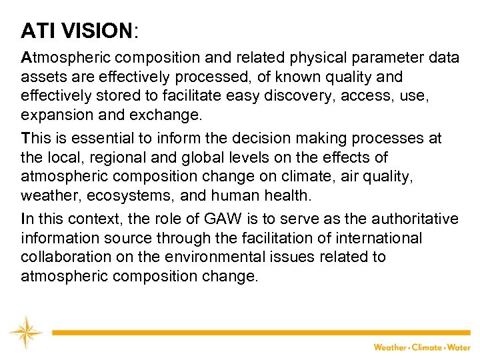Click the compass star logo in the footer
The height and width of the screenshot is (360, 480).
click(x=25, y=332)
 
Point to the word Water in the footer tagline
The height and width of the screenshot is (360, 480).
click(x=458, y=347)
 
